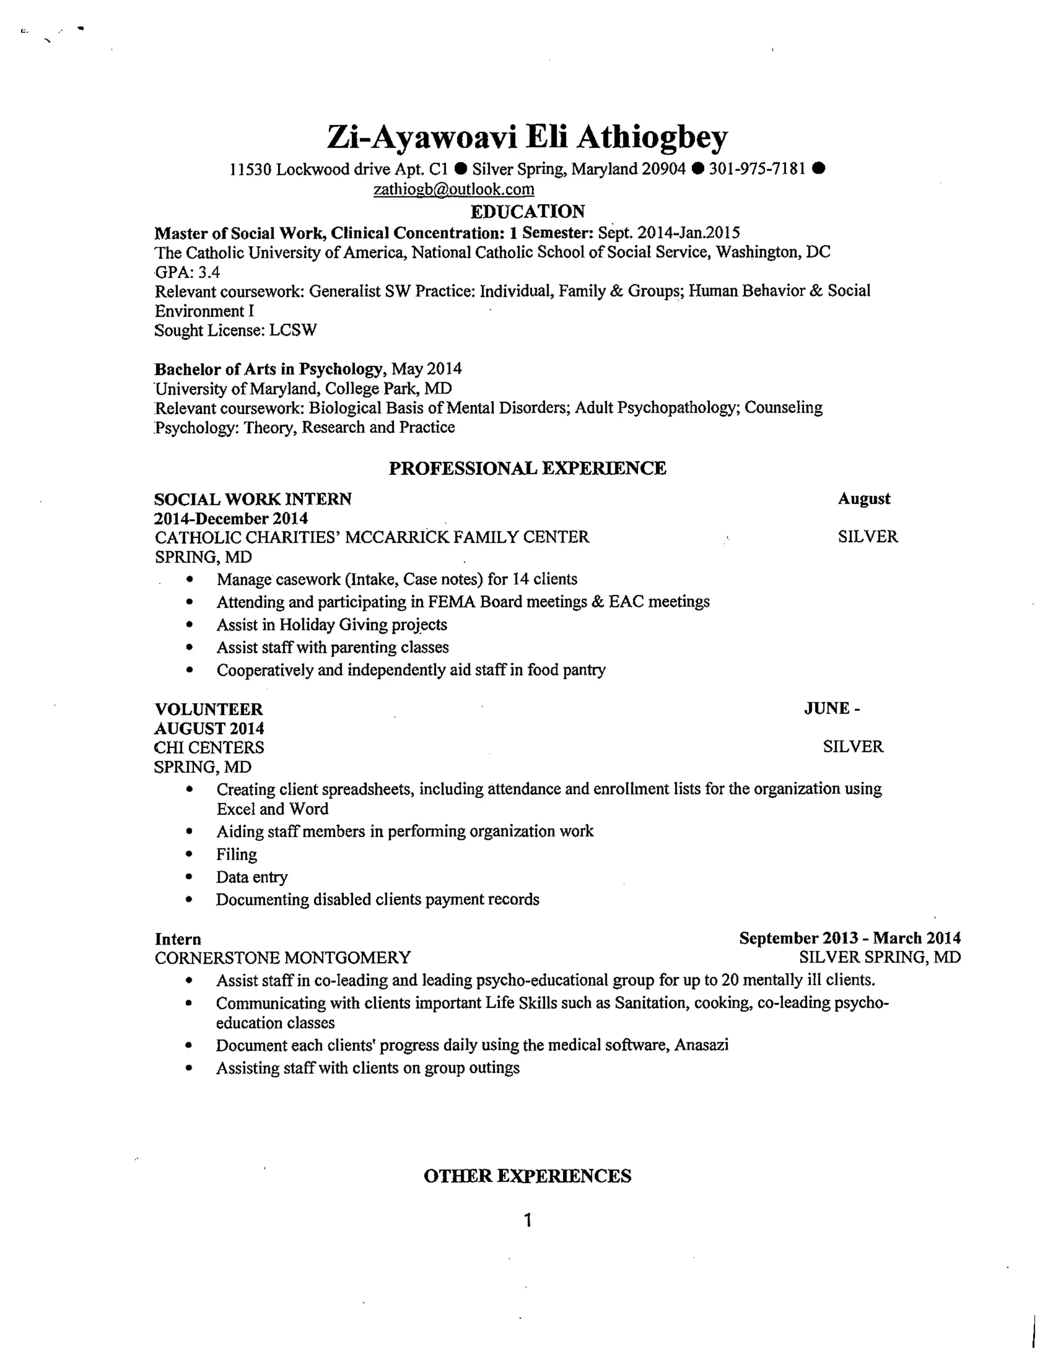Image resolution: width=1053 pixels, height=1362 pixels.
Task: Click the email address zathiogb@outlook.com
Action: click(453, 189)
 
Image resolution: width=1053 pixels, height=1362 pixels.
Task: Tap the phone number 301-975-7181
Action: click(757, 169)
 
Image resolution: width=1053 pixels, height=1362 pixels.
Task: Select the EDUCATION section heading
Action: click(527, 212)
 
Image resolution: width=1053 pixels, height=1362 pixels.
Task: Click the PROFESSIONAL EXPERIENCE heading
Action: click(527, 468)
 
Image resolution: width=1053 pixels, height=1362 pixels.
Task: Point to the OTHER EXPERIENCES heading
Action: click(527, 1176)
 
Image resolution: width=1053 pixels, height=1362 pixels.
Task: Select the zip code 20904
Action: click(664, 169)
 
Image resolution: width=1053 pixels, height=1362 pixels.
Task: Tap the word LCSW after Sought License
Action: click(293, 330)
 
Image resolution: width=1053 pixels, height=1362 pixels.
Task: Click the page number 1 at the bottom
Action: click(528, 1221)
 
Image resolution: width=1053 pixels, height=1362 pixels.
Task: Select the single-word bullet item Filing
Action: click(237, 854)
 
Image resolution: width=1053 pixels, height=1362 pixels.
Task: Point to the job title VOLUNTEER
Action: click(208, 709)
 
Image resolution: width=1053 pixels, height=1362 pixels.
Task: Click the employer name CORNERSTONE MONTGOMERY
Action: click(283, 958)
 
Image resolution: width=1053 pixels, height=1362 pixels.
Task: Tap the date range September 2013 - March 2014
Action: click(849, 938)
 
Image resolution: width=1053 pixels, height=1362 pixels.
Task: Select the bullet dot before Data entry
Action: click(190, 877)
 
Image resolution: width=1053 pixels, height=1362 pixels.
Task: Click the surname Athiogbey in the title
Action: click(651, 137)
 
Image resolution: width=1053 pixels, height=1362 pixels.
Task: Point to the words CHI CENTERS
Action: click(209, 747)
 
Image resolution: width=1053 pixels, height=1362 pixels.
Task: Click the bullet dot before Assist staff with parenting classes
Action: click(190, 648)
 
